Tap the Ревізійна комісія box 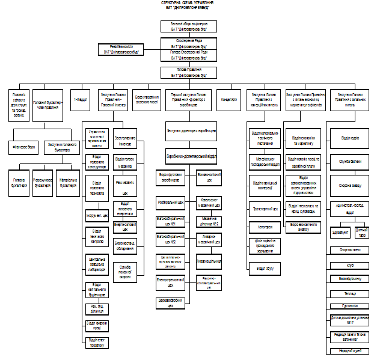[121, 49]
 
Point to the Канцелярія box [230, 99]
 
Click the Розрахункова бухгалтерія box [42, 183]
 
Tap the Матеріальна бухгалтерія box [67, 183]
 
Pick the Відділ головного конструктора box [97, 165]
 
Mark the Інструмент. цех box [97, 214]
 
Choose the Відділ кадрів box [349, 138]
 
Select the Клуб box [349, 264]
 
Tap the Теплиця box [349, 293]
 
